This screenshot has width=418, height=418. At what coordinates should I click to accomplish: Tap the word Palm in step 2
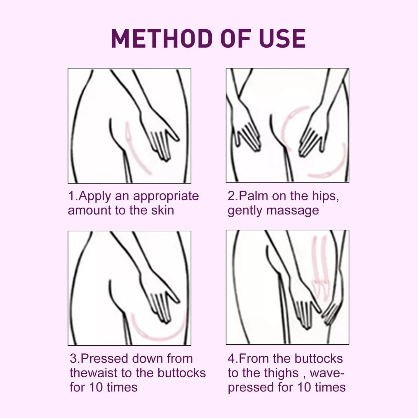(253, 196)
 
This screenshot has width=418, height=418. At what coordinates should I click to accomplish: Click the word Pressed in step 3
(105, 358)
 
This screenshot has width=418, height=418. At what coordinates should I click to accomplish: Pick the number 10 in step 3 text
(96, 387)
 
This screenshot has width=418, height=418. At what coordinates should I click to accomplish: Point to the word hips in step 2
(325, 196)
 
